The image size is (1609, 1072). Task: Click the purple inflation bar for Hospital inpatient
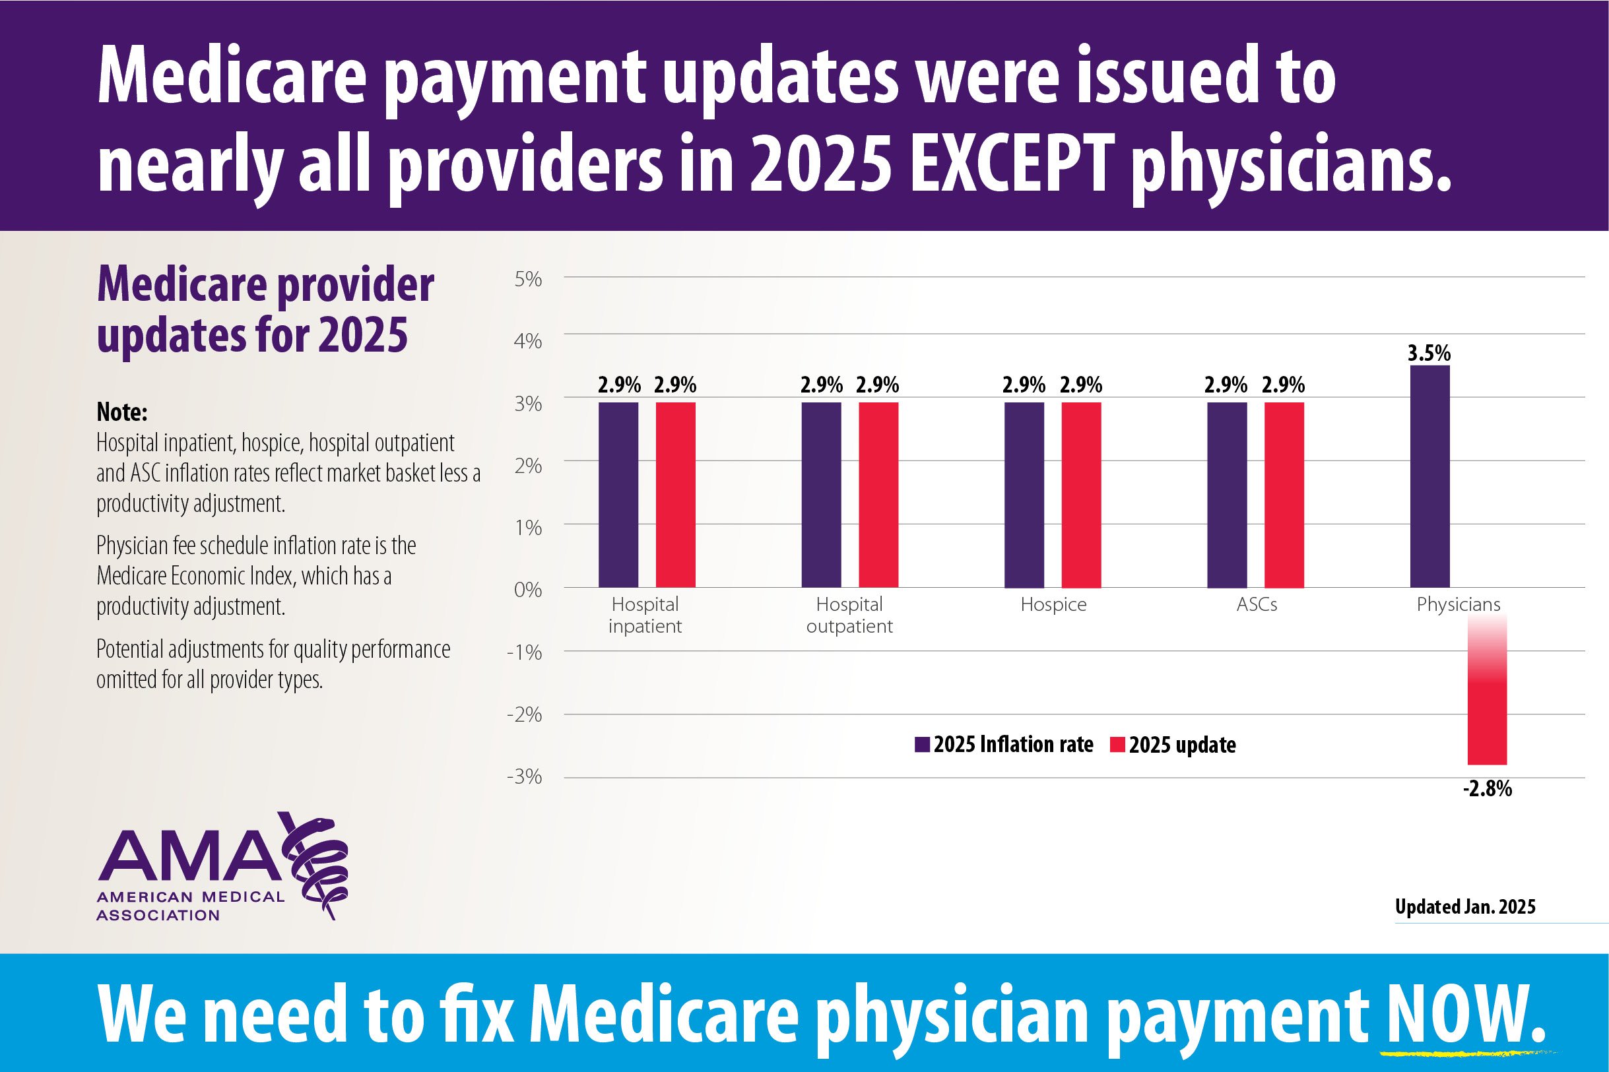pos(618,494)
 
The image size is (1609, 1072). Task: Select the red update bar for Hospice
pos(1081,494)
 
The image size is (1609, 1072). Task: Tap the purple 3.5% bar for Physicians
pos(1430,476)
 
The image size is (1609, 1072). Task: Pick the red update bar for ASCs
pos(1284,494)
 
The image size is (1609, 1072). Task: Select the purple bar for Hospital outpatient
pos(821,494)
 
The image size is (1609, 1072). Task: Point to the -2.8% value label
pos(1488,790)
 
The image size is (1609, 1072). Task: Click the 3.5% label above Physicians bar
pos(1429,354)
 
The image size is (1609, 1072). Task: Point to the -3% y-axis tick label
pos(525,776)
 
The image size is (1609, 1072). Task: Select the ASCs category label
pos(1256,605)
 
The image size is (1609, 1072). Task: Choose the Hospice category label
pos(1053,605)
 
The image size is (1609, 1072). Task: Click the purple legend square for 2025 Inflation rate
pos(923,745)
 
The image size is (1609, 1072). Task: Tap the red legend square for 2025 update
pos(1117,745)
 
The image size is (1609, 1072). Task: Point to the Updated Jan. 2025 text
pos(1464,906)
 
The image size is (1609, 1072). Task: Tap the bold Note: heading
pos(121,412)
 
